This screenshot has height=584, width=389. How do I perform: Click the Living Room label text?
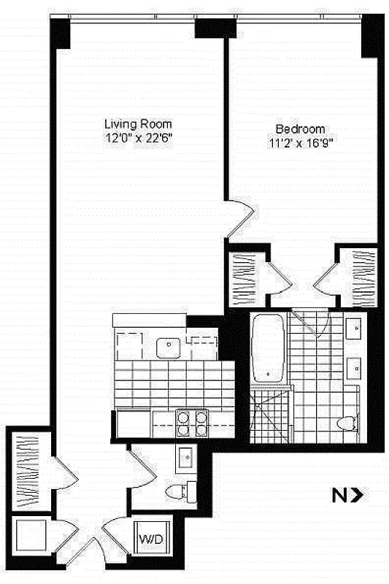click(x=138, y=123)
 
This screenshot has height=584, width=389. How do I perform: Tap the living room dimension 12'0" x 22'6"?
click(x=138, y=137)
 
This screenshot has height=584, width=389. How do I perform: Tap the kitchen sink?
click(x=169, y=347)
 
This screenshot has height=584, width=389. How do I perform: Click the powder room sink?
click(x=184, y=458)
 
